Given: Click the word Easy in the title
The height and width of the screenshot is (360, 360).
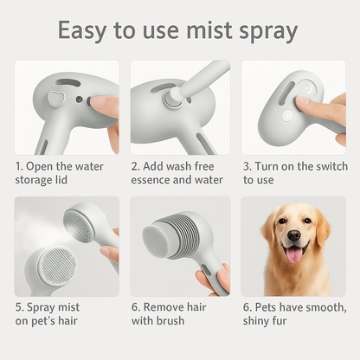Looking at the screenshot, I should tap(85, 31).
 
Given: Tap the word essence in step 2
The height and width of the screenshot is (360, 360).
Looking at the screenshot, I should tap(152, 180).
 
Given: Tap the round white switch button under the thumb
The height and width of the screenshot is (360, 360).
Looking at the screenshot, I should tap(286, 114).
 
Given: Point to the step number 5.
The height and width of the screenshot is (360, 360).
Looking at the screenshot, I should tap(18, 307).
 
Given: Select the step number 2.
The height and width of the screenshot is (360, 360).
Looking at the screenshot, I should tap(135, 165).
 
